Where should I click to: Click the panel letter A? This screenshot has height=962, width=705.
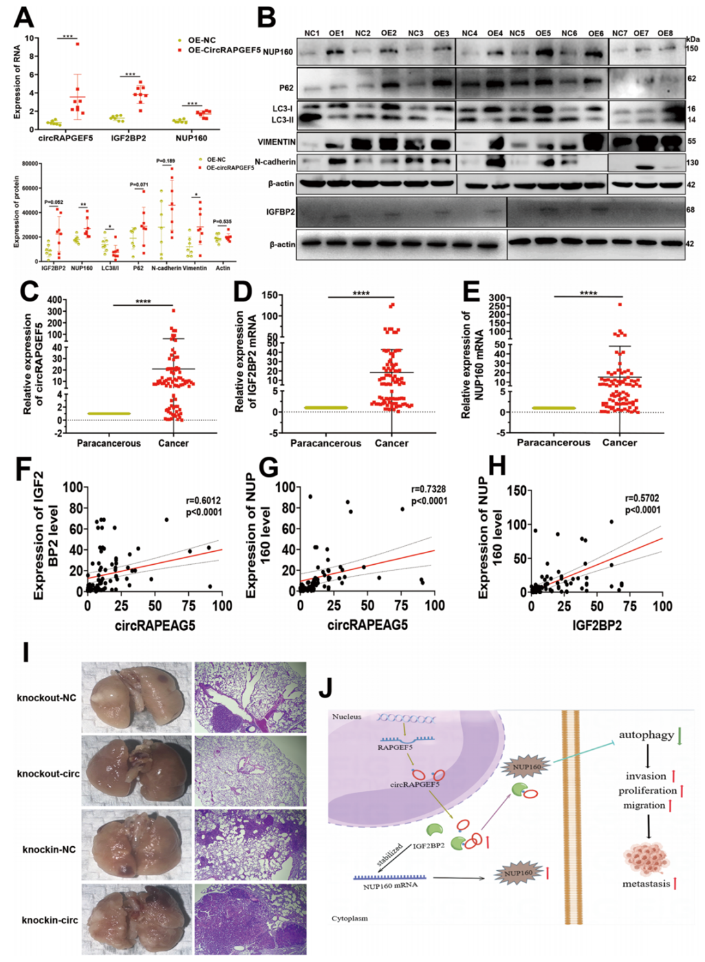pyautogui.click(x=24, y=17)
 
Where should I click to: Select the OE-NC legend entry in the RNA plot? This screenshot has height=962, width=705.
pyautogui.click(x=202, y=40)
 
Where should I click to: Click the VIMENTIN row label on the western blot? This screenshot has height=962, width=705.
pyautogui.click(x=276, y=142)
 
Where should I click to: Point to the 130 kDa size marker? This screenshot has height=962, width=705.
pyautogui.click(x=691, y=163)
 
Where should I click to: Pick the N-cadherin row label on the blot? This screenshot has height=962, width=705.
pyautogui.click(x=275, y=162)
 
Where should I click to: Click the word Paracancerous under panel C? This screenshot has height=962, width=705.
pyautogui.click(x=109, y=443)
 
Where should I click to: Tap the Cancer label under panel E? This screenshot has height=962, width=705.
pyautogui.click(x=620, y=443)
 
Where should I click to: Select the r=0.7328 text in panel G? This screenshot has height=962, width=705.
pyautogui.click(x=428, y=489)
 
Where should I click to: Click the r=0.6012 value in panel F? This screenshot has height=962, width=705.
pyautogui.click(x=203, y=500)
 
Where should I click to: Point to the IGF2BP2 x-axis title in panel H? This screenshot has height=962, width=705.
pyautogui.click(x=596, y=625)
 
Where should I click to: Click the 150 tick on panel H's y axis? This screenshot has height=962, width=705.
pyautogui.click(x=516, y=490)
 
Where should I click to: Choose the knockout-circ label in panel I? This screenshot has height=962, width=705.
pyautogui.click(x=49, y=774)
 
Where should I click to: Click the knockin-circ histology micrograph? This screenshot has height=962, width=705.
pyautogui.click(x=250, y=919)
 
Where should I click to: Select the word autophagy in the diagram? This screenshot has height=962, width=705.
pyautogui.click(x=646, y=735)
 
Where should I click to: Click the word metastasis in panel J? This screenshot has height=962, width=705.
pyautogui.click(x=646, y=884)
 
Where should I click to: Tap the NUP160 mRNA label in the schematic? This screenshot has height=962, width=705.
pyautogui.click(x=390, y=886)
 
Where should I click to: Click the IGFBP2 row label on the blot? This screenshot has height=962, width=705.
pyautogui.click(x=280, y=212)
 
